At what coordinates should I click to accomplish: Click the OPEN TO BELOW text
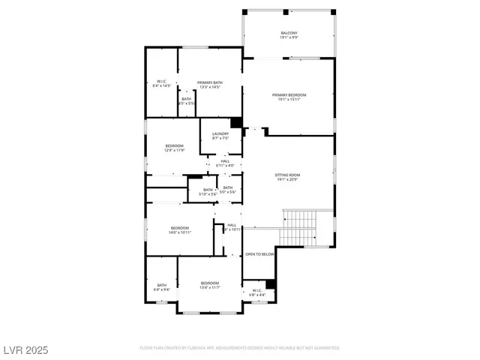click(x=260, y=254)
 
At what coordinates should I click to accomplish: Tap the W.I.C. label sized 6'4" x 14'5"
click(x=161, y=83)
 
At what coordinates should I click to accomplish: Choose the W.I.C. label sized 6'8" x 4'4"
click(x=256, y=292)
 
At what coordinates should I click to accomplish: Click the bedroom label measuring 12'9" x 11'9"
click(x=174, y=148)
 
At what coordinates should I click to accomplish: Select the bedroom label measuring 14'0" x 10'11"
click(x=180, y=230)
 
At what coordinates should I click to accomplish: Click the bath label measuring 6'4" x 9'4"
click(x=162, y=286)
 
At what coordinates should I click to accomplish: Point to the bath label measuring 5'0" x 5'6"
click(x=227, y=190)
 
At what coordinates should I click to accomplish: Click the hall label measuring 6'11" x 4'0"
click(x=225, y=163)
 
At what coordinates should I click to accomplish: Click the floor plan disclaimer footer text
click(x=240, y=348)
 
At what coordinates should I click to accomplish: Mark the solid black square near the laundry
click(x=235, y=123)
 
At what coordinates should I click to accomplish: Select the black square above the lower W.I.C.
click(x=271, y=283)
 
